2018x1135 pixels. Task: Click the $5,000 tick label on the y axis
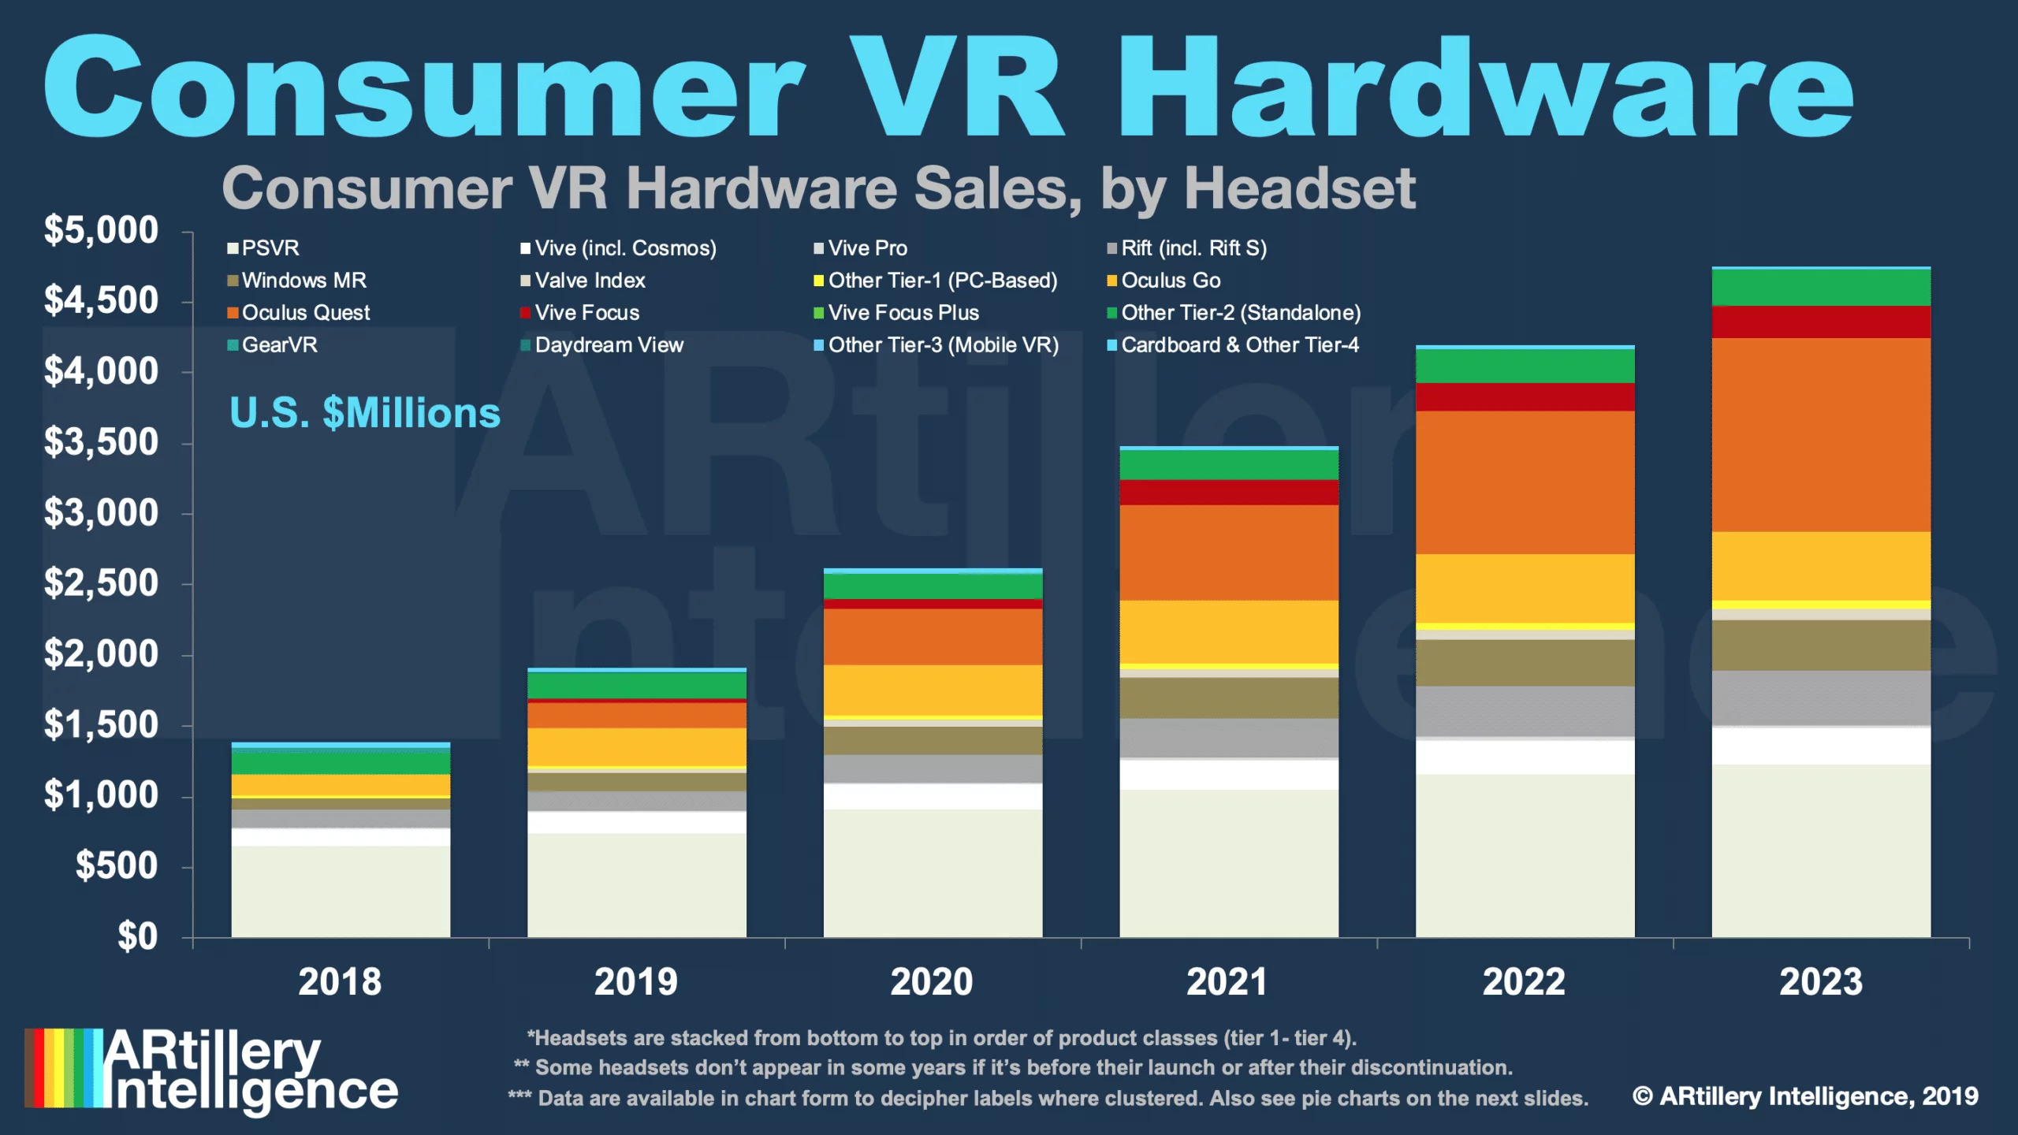101,230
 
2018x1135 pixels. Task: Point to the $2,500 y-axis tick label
101,583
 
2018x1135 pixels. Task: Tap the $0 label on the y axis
138,936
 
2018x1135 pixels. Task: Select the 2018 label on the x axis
340,982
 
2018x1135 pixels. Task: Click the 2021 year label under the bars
1227,982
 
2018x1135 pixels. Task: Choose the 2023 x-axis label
1821,982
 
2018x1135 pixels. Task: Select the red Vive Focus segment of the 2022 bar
1525,397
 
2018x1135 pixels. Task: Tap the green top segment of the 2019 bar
637,685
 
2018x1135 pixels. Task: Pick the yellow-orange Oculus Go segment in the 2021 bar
1229,632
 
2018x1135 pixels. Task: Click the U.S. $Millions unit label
364,413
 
